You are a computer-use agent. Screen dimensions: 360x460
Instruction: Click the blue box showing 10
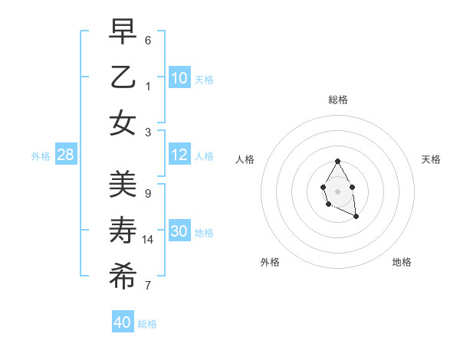click(179, 78)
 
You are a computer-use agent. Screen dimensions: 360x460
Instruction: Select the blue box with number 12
click(179, 155)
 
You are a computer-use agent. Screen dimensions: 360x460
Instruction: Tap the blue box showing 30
click(179, 232)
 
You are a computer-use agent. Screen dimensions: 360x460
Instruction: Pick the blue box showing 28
click(66, 155)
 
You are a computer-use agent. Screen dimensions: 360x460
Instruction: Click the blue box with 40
click(123, 322)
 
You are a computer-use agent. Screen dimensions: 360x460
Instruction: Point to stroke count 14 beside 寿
click(148, 240)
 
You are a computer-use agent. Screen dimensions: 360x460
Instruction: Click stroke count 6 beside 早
click(148, 40)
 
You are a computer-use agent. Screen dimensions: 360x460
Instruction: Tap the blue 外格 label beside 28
click(41, 156)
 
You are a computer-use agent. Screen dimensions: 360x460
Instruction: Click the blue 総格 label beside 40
click(147, 324)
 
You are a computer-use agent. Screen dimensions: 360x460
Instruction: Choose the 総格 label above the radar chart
click(337, 100)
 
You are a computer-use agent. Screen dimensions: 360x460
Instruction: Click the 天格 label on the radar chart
click(431, 159)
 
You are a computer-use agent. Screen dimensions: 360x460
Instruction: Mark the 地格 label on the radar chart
click(402, 262)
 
